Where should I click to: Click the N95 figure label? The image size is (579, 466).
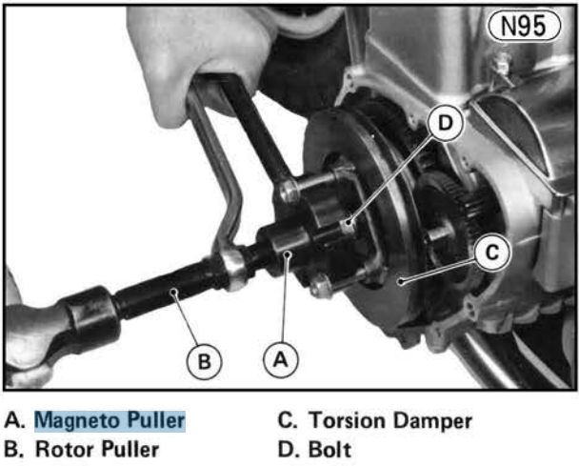coord(524,26)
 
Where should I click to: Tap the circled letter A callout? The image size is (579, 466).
coord(281,359)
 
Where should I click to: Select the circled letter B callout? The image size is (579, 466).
coord(204,361)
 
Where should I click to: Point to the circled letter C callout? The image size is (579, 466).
coord(492,253)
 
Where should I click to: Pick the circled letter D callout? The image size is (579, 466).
coord(446,123)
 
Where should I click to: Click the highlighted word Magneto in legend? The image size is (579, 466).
coord(78,420)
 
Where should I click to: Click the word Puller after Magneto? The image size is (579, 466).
coord(155,420)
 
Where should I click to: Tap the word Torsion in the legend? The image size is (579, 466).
coord(347,420)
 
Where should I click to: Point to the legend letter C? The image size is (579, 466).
coord(287,420)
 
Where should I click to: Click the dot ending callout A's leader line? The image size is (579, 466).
coord(288,253)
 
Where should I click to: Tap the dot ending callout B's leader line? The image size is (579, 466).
coord(173,293)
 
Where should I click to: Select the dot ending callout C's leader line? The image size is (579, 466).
coord(401,282)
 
